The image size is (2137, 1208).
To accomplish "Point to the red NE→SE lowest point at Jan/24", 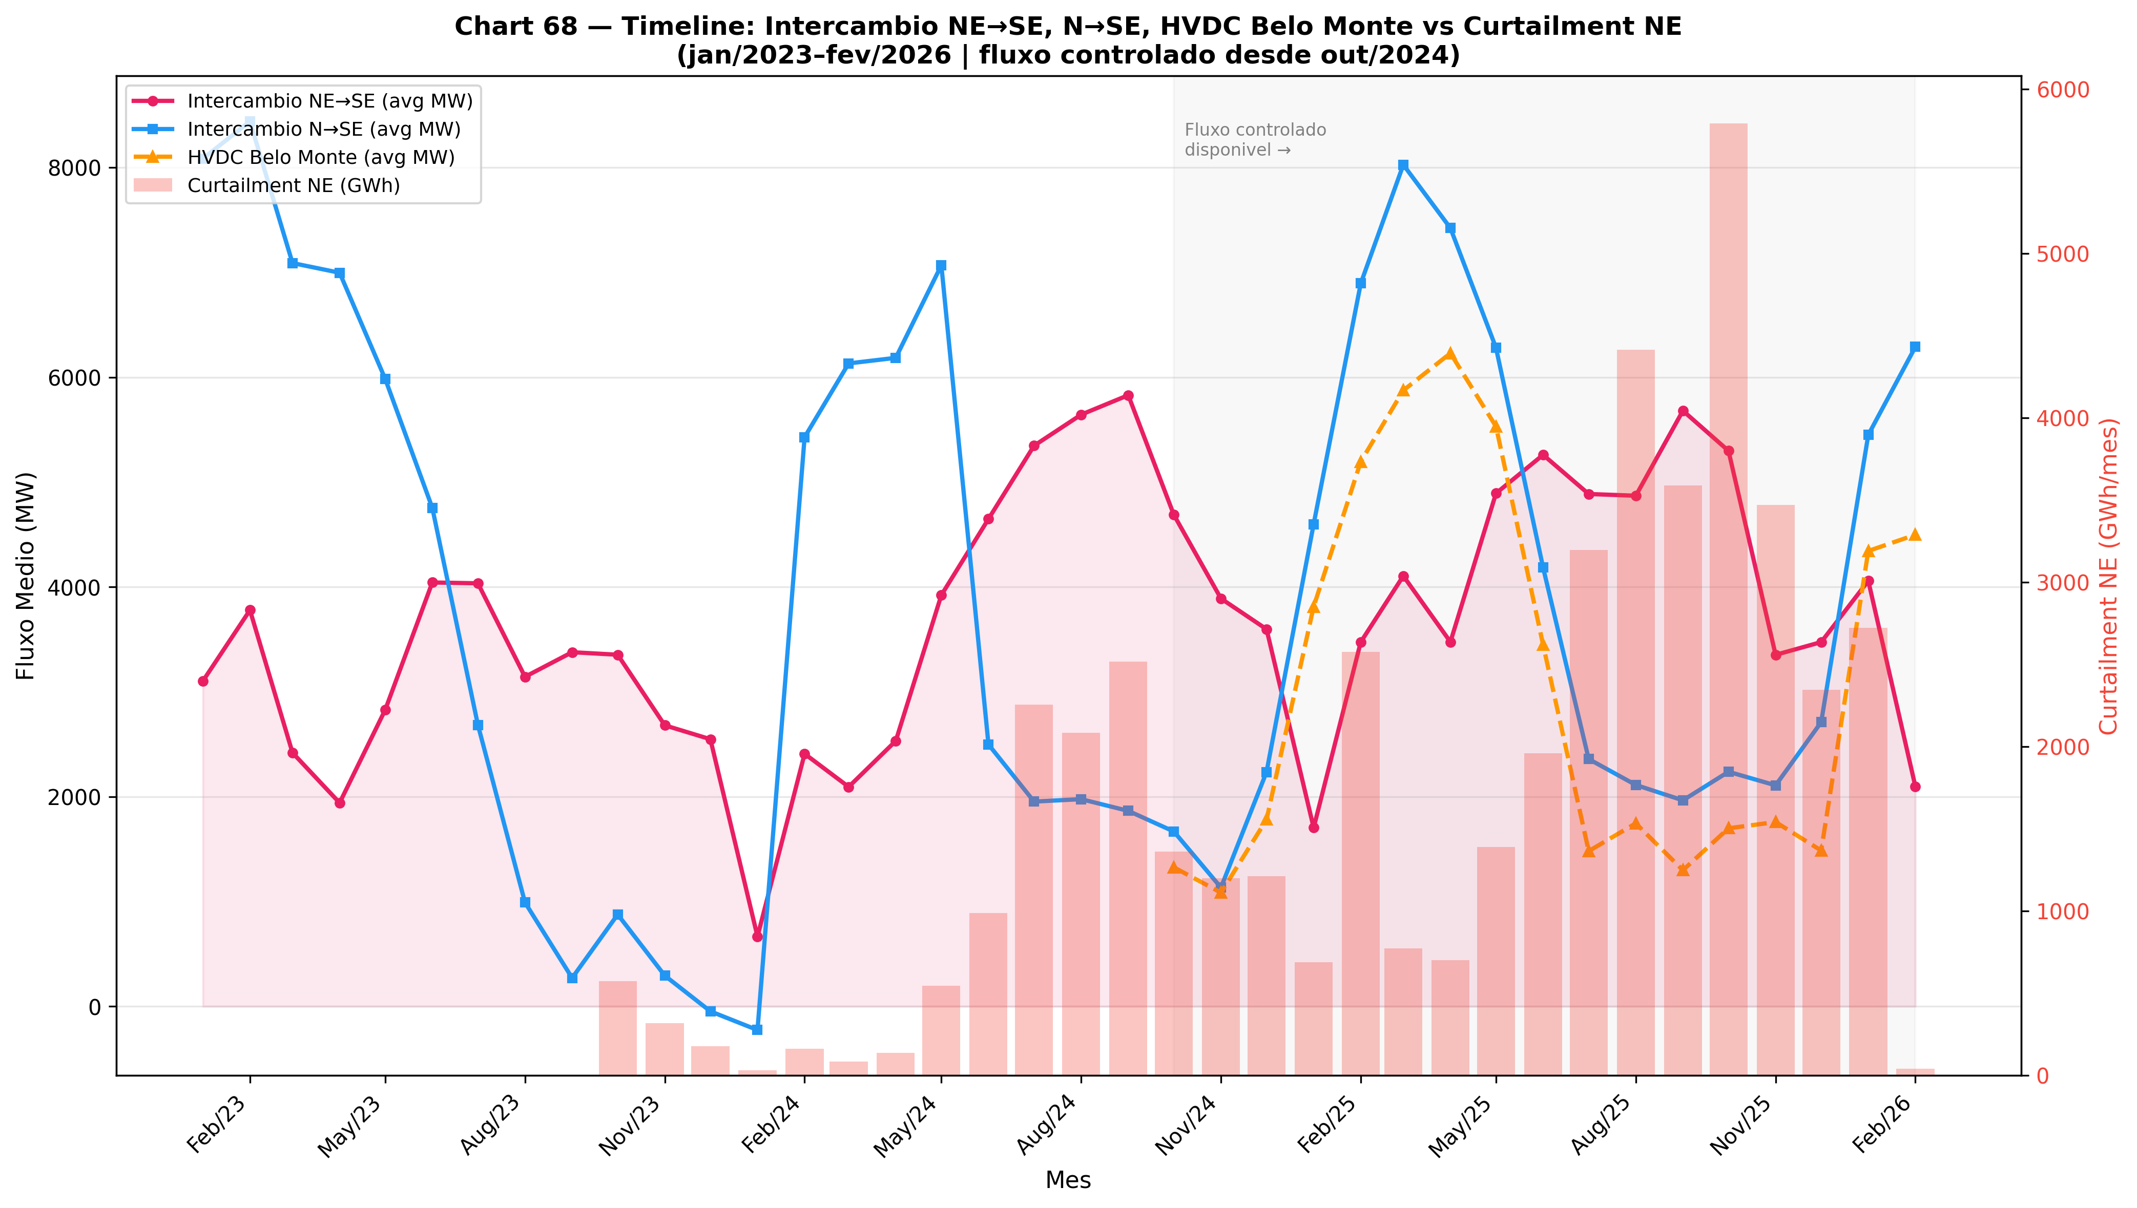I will (x=757, y=937).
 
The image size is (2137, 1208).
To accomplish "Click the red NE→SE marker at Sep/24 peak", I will (x=1128, y=396).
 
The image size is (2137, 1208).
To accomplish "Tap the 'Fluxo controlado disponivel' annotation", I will (x=1254, y=140).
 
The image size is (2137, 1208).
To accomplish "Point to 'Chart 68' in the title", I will (x=514, y=27).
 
